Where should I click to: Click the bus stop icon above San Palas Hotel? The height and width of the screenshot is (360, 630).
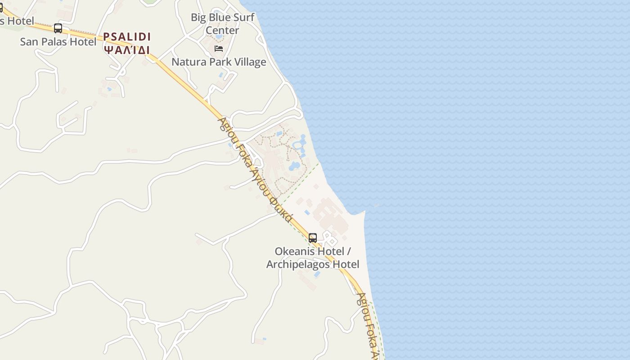click(x=58, y=28)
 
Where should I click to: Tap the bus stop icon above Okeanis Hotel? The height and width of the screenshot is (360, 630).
click(x=313, y=238)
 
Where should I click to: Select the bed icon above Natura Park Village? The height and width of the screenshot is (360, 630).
click(x=219, y=49)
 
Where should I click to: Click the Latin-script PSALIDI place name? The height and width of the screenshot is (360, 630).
click(x=127, y=37)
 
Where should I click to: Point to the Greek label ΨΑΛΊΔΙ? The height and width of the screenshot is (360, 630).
click(x=127, y=49)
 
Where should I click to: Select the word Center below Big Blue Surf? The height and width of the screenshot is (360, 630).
click(x=222, y=31)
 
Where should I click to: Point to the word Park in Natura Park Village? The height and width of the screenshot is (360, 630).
click(x=220, y=62)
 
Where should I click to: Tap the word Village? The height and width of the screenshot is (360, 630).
click(x=250, y=62)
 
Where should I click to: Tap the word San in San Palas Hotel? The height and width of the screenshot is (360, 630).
click(x=29, y=42)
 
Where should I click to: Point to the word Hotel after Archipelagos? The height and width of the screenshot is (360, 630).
click(x=346, y=264)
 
